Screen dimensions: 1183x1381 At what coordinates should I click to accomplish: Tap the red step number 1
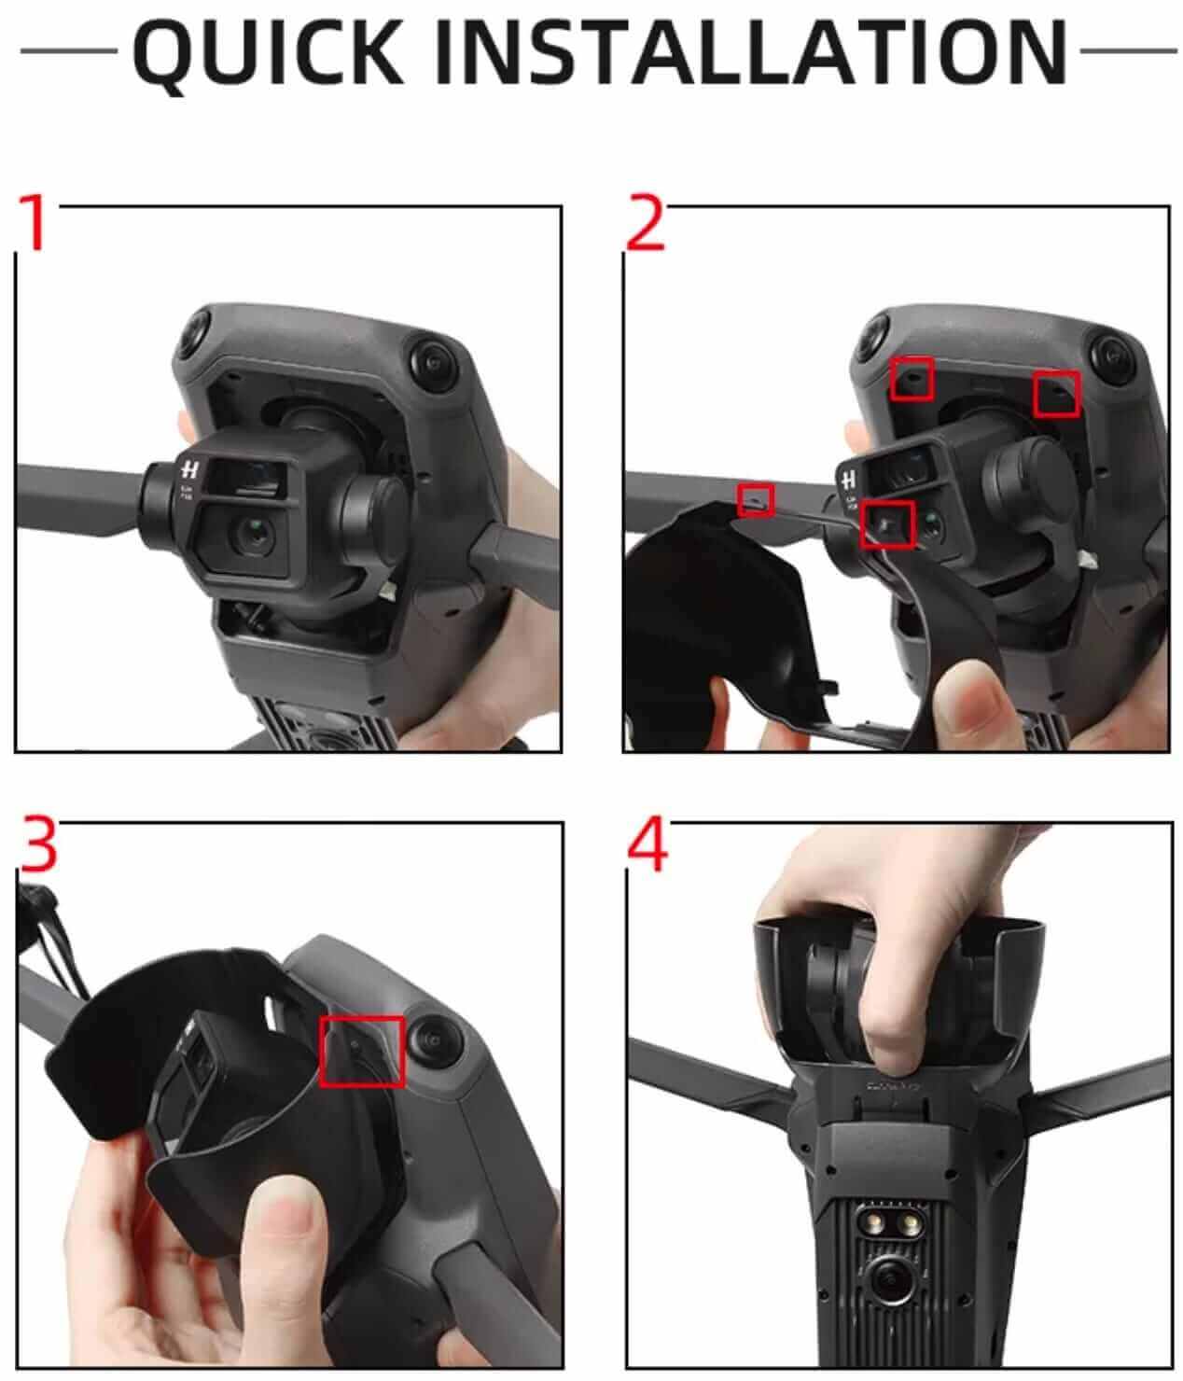[34, 222]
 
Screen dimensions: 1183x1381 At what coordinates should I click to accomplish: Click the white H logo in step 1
[189, 469]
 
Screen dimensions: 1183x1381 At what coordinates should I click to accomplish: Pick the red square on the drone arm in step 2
[755, 500]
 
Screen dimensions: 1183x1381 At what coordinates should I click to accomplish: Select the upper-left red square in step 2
[912, 379]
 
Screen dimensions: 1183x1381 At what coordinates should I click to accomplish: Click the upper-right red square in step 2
[1056, 394]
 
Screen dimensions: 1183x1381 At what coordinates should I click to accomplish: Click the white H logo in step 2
[848, 479]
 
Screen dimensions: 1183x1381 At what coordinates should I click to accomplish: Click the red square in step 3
[361, 1051]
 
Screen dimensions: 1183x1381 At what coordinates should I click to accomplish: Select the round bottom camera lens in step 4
[890, 1278]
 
